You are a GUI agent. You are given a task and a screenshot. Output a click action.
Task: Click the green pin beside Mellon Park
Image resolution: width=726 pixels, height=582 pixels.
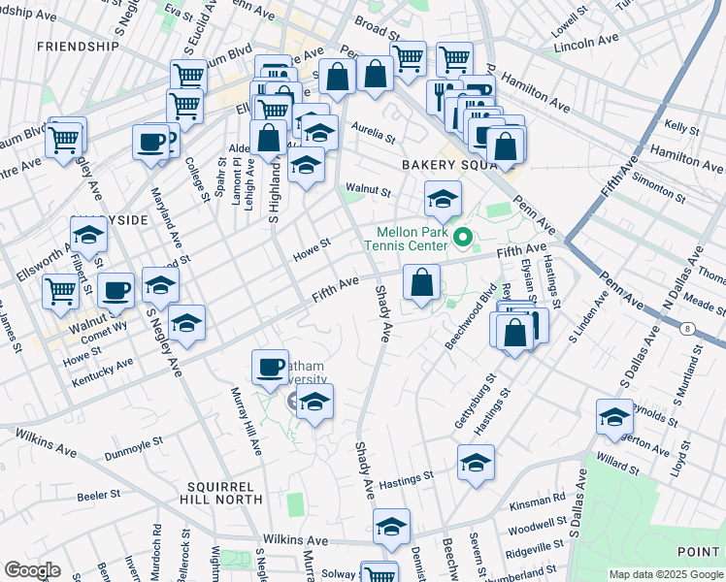coord(464,236)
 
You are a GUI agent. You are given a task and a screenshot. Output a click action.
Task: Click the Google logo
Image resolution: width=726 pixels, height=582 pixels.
coord(32,570)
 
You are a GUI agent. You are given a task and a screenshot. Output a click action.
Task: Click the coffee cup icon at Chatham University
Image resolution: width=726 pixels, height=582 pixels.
coord(270,367)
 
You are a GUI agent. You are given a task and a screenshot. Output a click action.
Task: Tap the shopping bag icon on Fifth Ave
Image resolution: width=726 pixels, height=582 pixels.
coord(421,283)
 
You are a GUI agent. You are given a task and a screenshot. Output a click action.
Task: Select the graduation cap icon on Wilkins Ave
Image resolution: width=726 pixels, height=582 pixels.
coord(391,526)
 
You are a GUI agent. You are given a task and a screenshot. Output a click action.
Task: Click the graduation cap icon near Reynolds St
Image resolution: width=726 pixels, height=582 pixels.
coord(614,416)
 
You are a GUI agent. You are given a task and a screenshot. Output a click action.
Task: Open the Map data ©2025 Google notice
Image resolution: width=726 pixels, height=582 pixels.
coord(666,574)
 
